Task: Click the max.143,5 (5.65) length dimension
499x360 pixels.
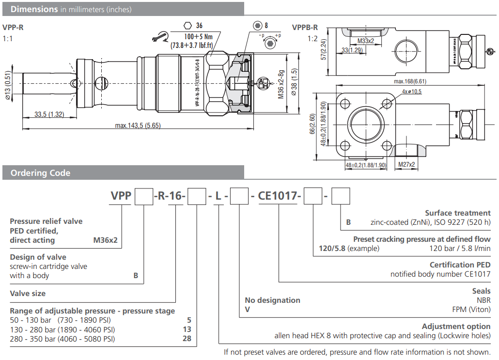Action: pos(138,125)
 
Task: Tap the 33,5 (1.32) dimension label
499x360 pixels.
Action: pos(49,114)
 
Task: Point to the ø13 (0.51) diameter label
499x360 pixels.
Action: pos(8,85)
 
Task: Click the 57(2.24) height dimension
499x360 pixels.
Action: pos(324,48)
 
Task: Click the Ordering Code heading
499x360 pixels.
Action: pos(40,173)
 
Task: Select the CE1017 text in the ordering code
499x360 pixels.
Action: pos(278,196)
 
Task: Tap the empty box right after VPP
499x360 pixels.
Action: pos(143,196)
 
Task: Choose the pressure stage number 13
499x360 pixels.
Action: pos(187,329)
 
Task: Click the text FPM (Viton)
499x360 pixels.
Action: pos(471,309)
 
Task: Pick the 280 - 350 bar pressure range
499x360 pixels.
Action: pos(62,339)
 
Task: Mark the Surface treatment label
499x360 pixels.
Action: pos(458,213)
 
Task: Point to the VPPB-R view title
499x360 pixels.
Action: pos(305,27)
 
